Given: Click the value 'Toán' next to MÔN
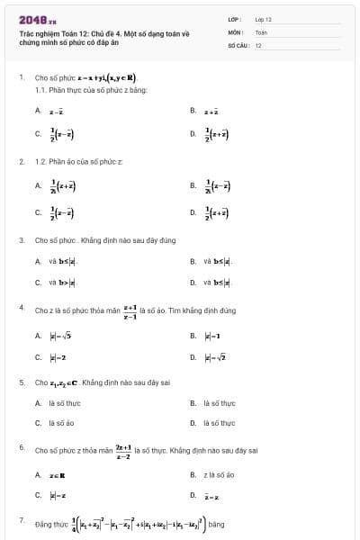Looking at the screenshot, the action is [261, 31].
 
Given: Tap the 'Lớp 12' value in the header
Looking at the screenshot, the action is [264, 19].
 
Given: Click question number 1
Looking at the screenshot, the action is [21, 77].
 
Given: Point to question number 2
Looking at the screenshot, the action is [21, 161].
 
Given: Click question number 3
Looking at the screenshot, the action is [21, 241].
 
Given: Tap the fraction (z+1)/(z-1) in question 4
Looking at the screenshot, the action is [130, 311].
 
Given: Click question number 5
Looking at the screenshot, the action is [21, 382].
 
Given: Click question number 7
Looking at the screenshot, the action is [21, 519].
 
